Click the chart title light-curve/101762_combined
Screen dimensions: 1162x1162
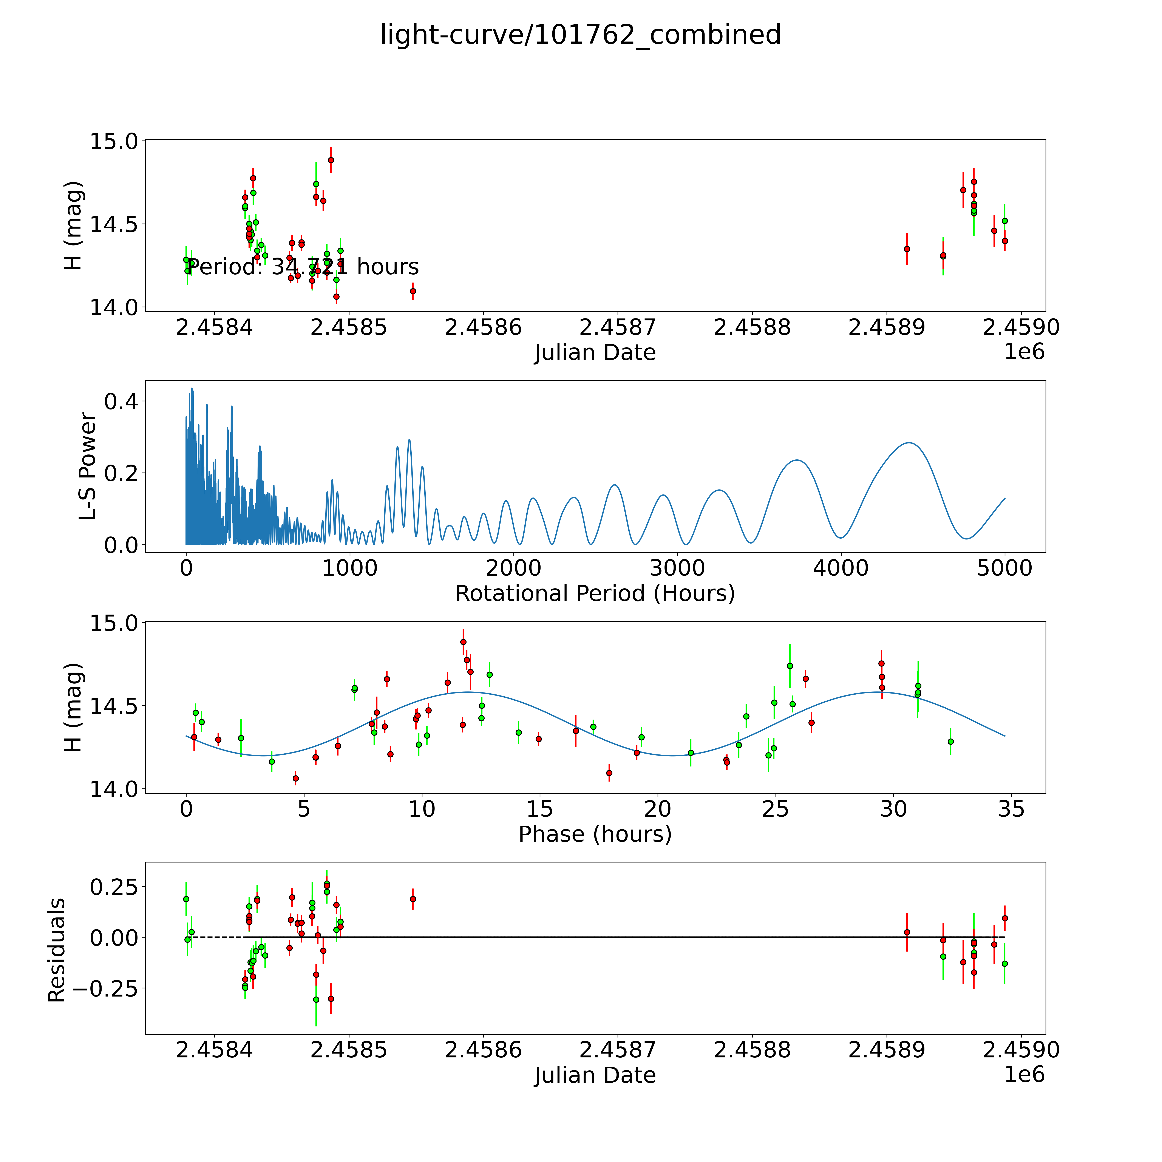tap(580, 35)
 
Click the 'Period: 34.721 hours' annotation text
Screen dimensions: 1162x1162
tap(303, 266)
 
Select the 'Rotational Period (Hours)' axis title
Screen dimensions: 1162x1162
tap(595, 594)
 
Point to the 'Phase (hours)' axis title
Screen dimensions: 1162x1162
tap(595, 834)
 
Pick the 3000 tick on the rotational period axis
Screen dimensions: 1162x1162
tap(677, 568)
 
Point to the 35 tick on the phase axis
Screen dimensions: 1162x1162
tap(1011, 809)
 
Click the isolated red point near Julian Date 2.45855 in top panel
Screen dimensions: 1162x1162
tap(413, 291)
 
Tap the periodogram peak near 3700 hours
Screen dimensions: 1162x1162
tap(797, 460)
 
